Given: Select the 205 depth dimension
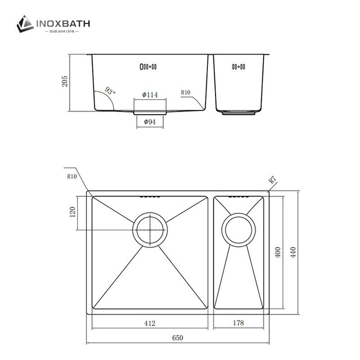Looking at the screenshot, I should (65, 82).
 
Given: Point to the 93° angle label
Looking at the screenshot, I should (110, 91).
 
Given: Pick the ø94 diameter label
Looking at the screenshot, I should (149, 122).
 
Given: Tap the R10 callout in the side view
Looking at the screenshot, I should (186, 93).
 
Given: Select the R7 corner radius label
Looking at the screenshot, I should (272, 180).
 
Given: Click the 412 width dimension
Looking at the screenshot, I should (149, 323).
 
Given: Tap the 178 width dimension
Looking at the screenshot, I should (238, 323).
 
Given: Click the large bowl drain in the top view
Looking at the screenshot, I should (149, 229).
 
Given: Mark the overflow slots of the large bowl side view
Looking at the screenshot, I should (148, 67).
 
